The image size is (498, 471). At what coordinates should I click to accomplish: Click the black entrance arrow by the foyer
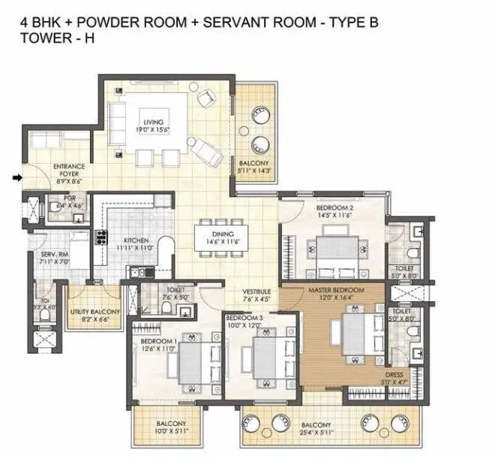pyautogui.click(x=17, y=178)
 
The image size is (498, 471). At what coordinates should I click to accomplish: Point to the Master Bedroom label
pyautogui.click(x=335, y=290)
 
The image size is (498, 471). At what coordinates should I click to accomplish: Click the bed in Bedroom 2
pyautogui.click(x=333, y=251)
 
